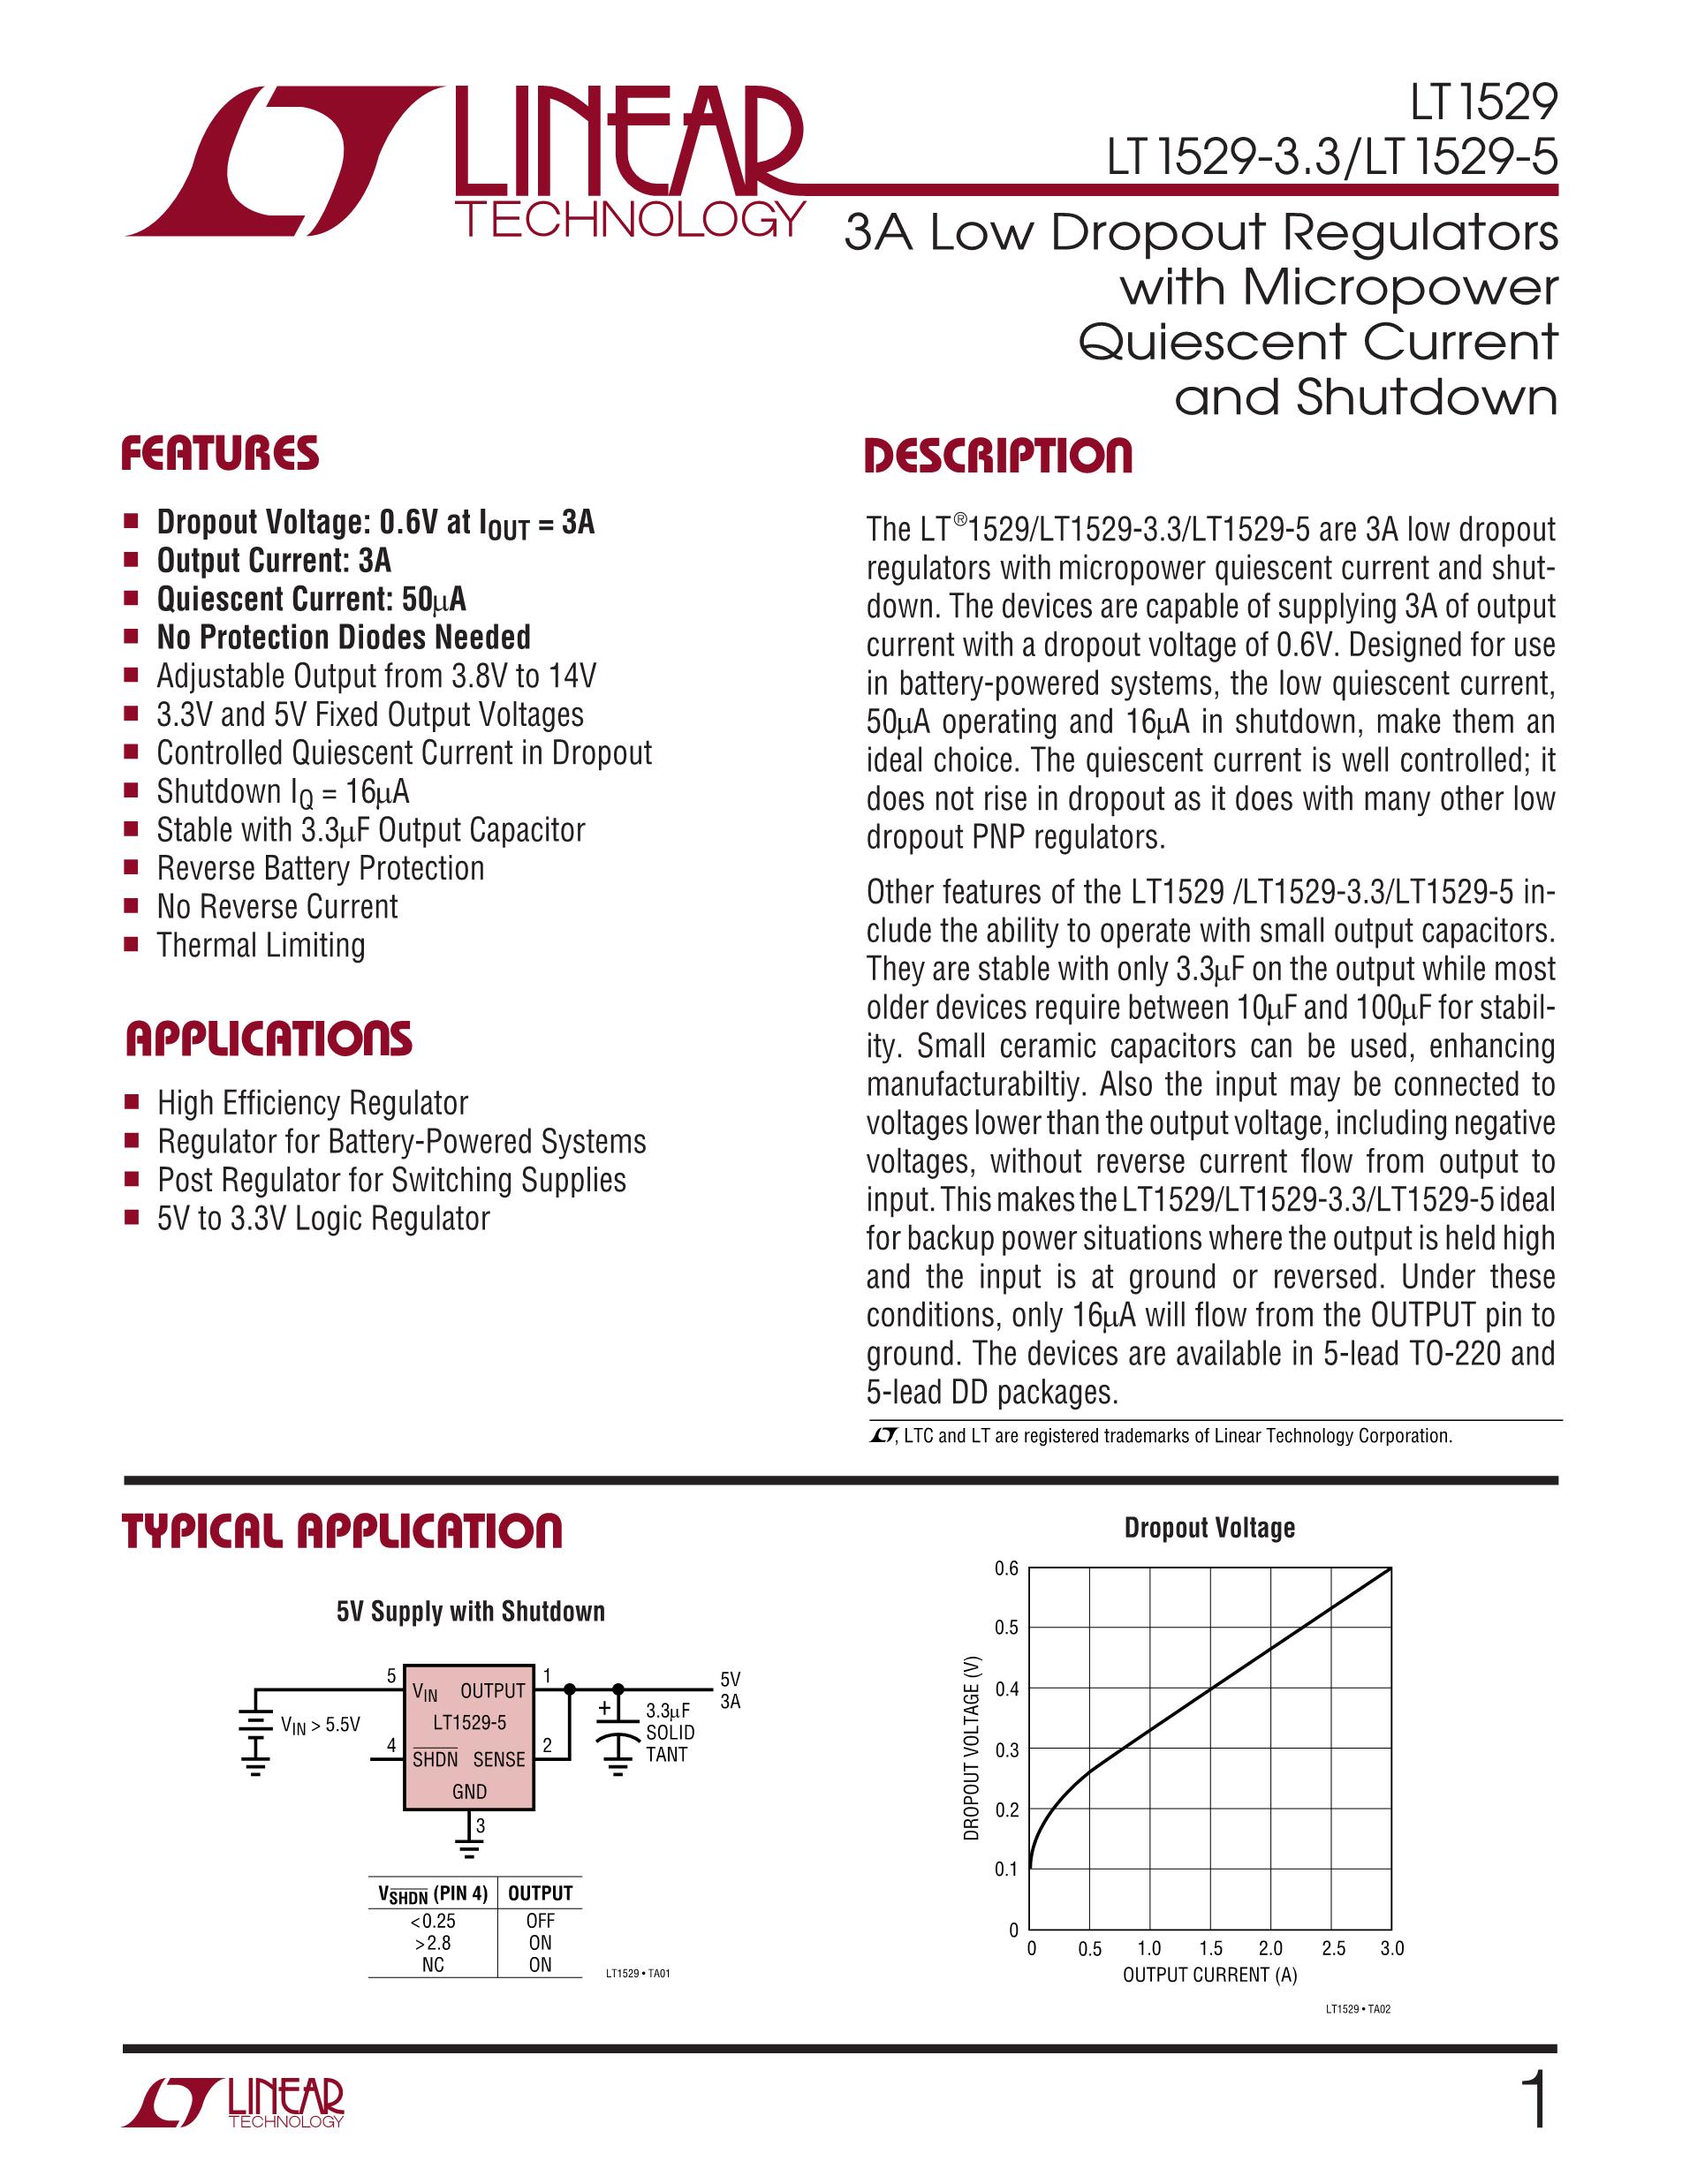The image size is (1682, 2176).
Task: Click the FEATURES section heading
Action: (x=220, y=453)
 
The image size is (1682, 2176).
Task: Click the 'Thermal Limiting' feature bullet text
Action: (x=261, y=945)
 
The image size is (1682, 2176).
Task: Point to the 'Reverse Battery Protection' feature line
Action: (x=320, y=868)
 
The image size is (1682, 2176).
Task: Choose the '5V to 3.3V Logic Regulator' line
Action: (x=322, y=1219)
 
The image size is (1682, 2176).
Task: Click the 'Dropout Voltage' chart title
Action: (x=1208, y=1528)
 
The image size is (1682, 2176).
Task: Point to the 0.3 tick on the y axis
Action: (x=1006, y=1749)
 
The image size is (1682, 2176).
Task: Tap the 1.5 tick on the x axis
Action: (x=1209, y=1948)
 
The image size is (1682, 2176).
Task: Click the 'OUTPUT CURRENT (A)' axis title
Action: (x=1208, y=1975)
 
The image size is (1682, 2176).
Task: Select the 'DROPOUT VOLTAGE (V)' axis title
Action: (x=972, y=1748)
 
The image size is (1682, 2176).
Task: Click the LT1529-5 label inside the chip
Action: (x=469, y=1723)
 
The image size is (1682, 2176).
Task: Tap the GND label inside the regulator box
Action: (x=469, y=1792)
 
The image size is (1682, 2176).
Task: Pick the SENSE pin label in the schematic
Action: (x=498, y=1759)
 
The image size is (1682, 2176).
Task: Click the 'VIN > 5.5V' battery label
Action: (x=320, y=1725)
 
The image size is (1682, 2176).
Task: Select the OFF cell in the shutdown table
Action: (x=540, y=1920)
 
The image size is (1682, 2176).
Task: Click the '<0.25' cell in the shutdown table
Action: (x=433, y=1920)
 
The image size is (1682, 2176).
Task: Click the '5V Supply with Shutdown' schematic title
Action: (x=470, y=1611)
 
